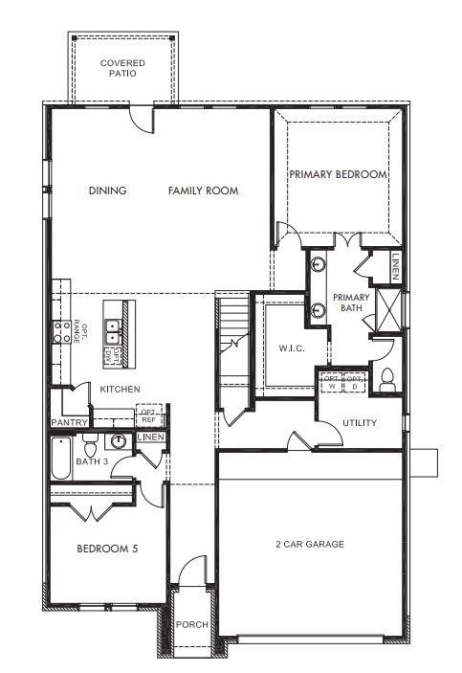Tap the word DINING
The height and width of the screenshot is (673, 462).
click(x=107, y=191)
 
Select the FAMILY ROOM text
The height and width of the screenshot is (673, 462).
click(x=203, y=191)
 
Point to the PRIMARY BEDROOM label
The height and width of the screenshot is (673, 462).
click(x=338, y=174)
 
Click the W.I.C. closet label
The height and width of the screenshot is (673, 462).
click(x=291, y=348)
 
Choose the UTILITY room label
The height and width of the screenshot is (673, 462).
click(x=359, y=422)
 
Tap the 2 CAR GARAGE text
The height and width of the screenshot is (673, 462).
click(x=309, y=544)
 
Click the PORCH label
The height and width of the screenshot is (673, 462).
click(x=191, y=625)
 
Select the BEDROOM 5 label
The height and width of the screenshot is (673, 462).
click(x=102, y=550)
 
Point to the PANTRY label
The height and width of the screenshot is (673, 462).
click(x=70, y=422)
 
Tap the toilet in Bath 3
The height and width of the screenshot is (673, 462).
click(x=90, y=445)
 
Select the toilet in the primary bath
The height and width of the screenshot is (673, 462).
click(x=387, y=379)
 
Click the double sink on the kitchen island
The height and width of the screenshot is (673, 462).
click(x=114, y=330)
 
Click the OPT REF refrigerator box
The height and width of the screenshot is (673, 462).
click(x=148, y=415)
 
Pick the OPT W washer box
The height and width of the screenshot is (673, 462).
click(x=332, y=380)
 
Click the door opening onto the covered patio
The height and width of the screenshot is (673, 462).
click(x=142, y=118)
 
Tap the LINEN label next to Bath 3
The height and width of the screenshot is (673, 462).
click(x=150, y=437)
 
